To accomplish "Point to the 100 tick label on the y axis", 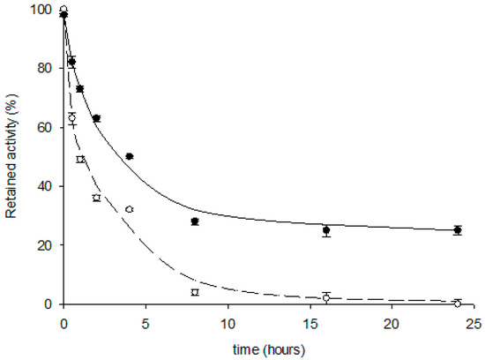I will click(42, 9).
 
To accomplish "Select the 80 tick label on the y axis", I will click(45, 68).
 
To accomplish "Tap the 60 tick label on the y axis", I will click(45, 127).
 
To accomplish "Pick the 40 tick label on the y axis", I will click(45, 186).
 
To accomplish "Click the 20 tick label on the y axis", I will click(45, 245).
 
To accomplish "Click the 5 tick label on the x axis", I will click(145, 321).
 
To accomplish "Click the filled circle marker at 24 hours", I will click(457, 230).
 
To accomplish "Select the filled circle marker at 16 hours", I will click(326, 230).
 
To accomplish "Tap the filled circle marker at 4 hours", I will click(130, 156).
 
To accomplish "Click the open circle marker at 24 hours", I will click(457, 303).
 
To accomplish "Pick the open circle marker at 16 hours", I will click(326, 297).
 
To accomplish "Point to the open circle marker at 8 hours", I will click(195, 291).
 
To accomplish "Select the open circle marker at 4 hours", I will click(130, 209).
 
